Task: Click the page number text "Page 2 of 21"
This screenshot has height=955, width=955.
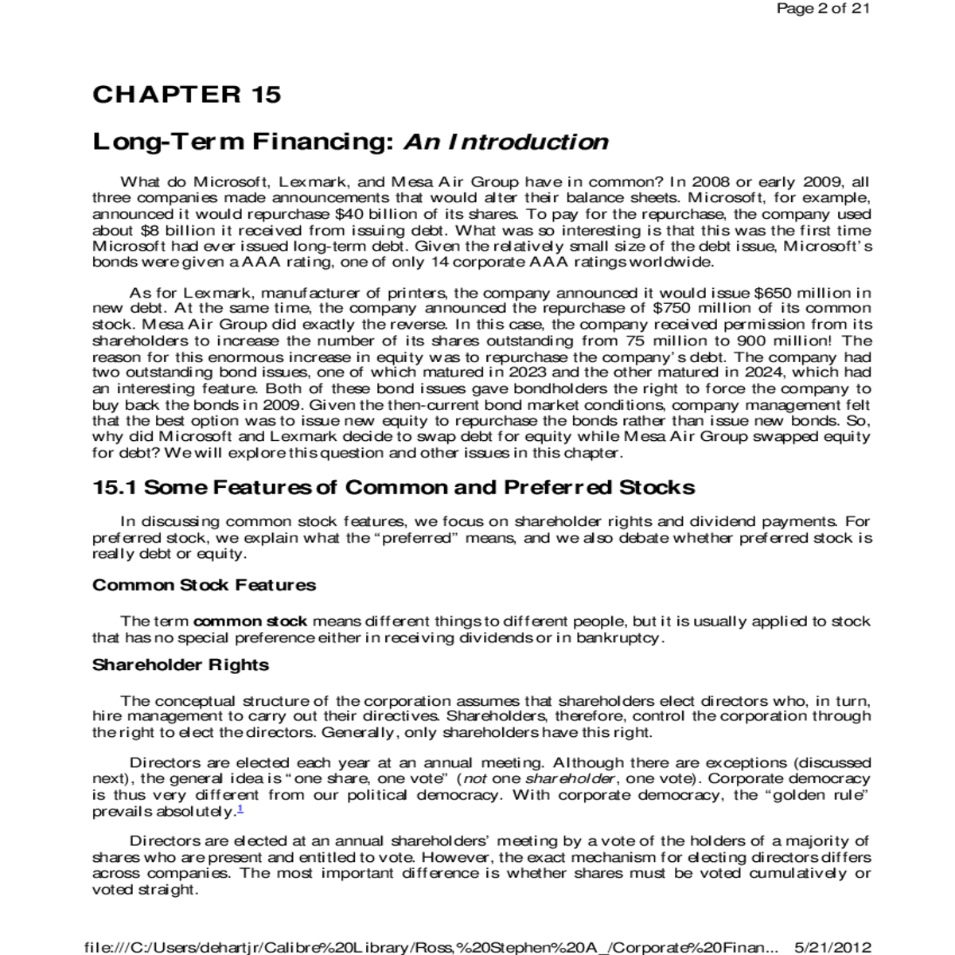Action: pos(822,9)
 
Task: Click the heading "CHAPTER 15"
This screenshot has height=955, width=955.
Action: pos(187,95)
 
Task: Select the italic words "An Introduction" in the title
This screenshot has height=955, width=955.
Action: pos(506,142)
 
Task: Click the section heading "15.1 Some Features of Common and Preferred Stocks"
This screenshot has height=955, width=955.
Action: pos(394,487)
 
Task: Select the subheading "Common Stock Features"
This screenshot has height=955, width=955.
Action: pos(204,585)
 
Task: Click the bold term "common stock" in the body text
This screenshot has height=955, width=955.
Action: pos(250,622)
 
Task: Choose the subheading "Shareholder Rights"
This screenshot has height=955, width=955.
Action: pos(181,665)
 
